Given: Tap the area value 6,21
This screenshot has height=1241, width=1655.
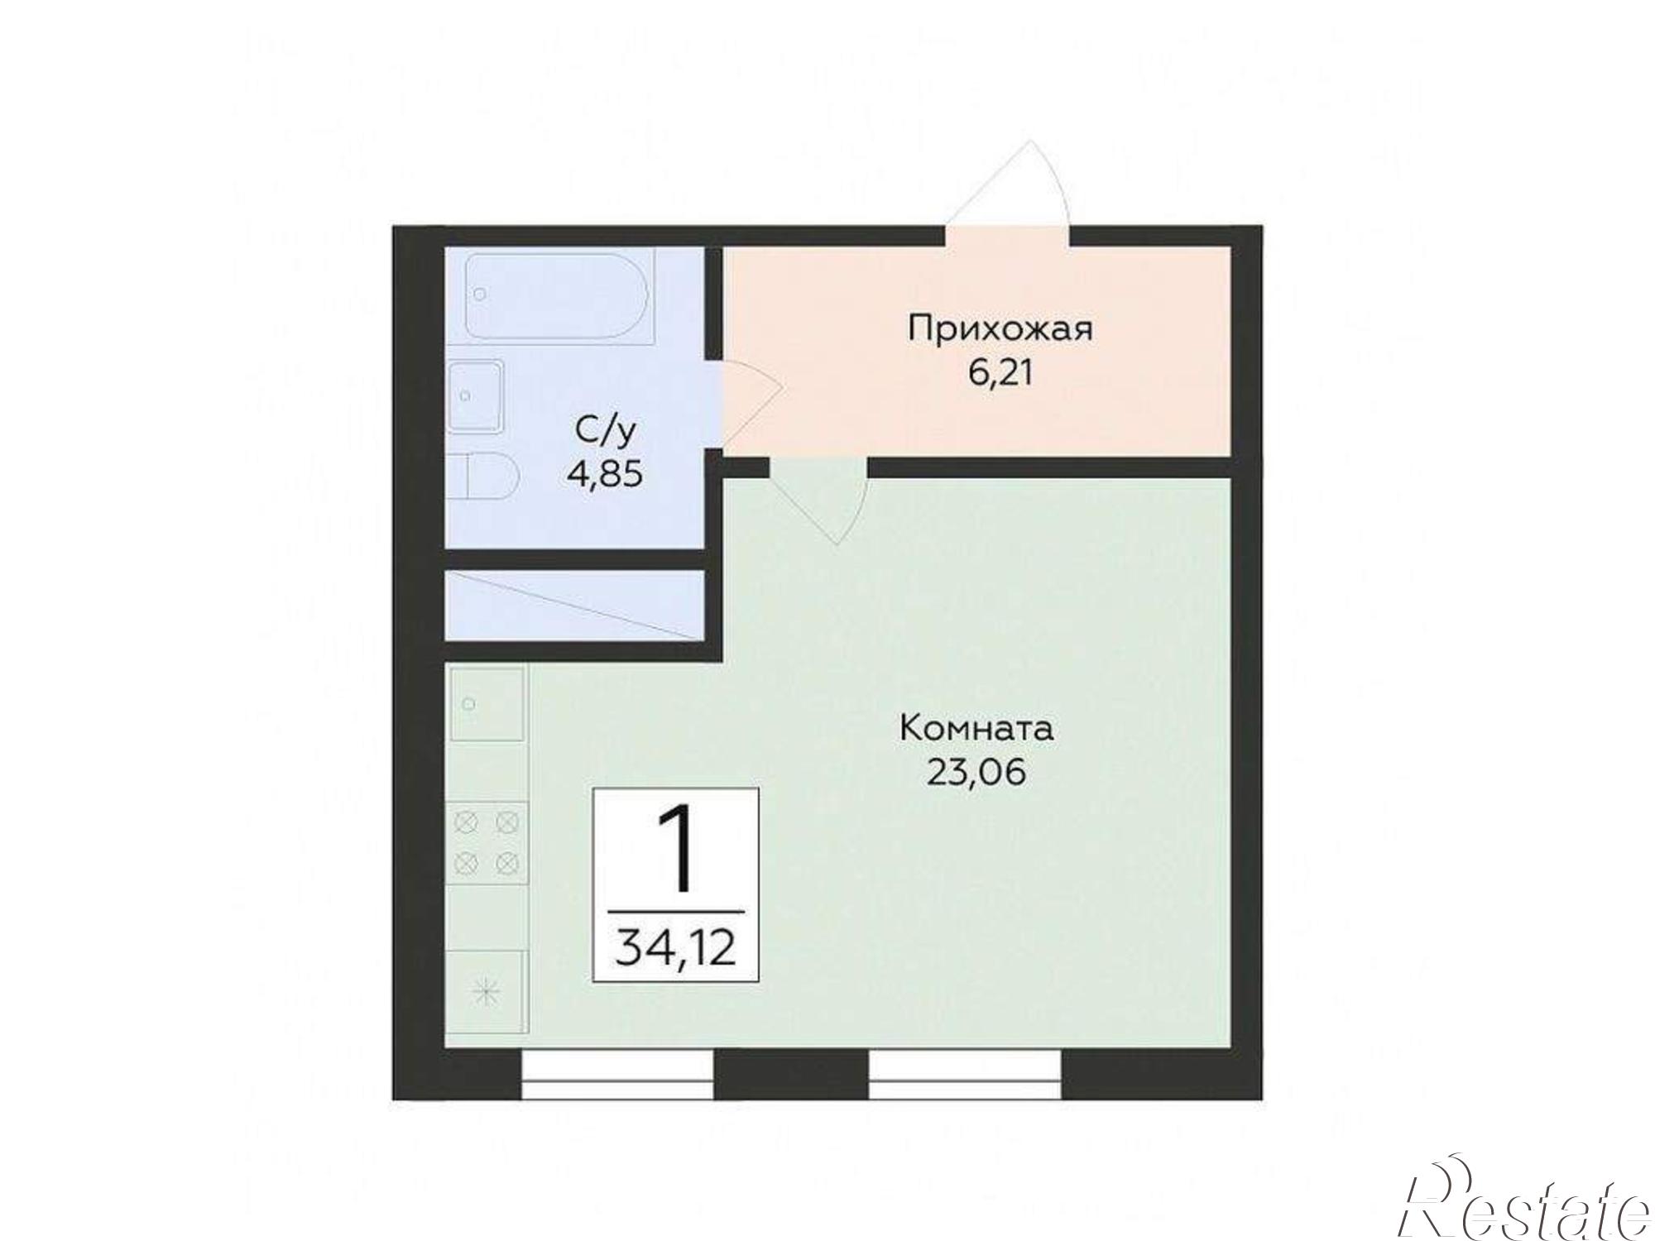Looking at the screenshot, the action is (x=1000, y=374).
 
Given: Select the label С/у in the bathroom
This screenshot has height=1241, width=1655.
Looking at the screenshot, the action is (x=606, y=431).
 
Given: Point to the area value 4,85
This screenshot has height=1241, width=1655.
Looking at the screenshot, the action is (x=605, y=475).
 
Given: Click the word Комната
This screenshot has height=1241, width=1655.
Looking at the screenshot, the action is (x=976, y=730).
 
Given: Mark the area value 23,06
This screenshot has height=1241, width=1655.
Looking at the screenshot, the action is (x=976, y=773).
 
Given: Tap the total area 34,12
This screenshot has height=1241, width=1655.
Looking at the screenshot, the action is (x=676, y=947).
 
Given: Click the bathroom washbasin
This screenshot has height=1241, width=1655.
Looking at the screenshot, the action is (x=475, y=396).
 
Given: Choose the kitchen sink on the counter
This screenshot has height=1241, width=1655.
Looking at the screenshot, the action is (x=487, y=704).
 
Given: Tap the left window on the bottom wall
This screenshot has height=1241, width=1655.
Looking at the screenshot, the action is (x=618, y=1075).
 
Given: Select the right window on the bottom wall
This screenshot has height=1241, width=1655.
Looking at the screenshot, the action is (x=965, y=1075).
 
